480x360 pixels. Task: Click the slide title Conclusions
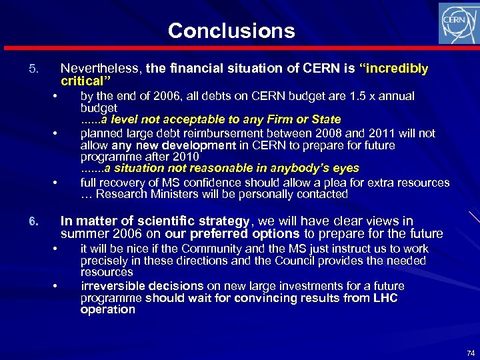point(231,31)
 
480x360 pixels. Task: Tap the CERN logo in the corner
point(457,23)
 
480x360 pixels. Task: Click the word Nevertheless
point(101,69)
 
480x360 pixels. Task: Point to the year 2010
point(186,157)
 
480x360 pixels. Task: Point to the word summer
point(82,234)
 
